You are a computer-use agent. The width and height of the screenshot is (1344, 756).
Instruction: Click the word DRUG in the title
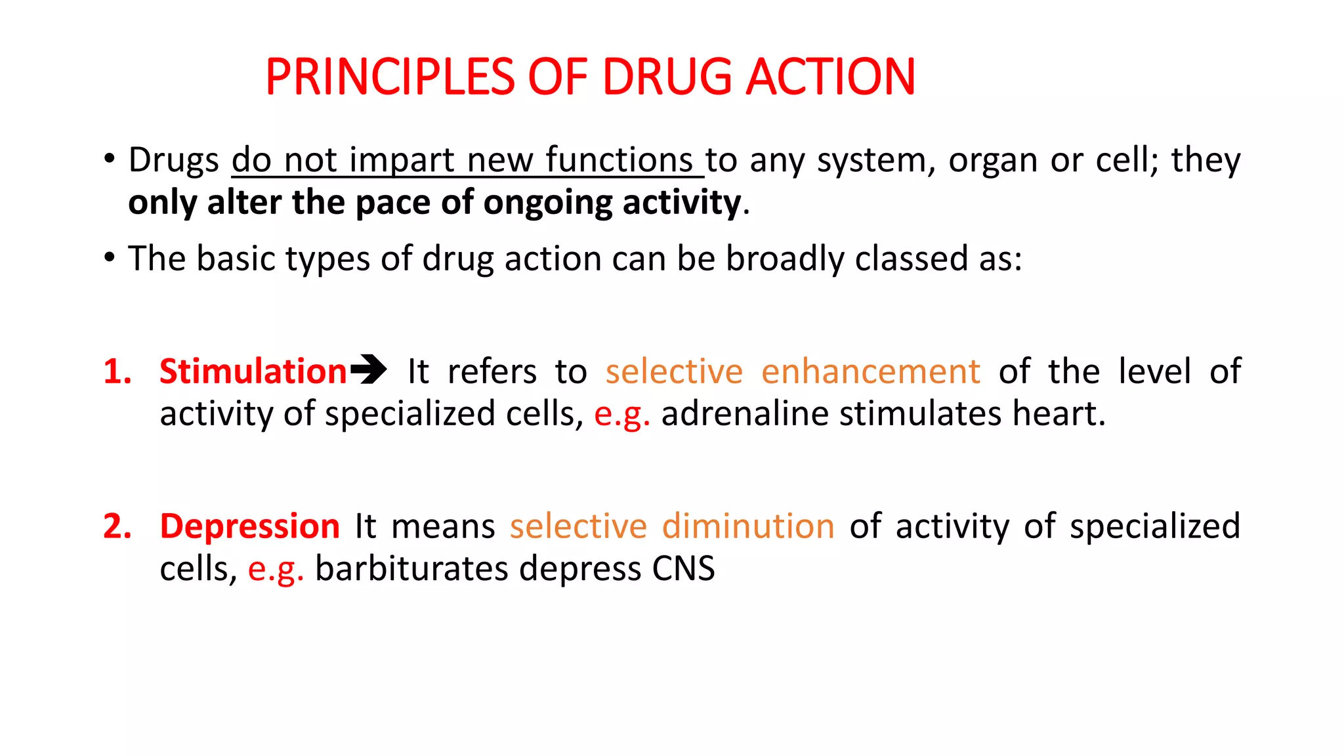[666, 77]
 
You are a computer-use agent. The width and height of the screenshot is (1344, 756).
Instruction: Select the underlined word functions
[619, 160]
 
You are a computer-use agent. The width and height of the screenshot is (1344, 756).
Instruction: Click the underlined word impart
[402, 161]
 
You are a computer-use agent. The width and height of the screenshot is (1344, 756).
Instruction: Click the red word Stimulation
[253, 371]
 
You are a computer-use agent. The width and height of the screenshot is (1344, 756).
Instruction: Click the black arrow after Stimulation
[368, 369]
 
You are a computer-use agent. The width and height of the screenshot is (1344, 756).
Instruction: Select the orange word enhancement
[870, 372]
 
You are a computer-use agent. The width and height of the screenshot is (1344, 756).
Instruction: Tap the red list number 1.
[117, 371]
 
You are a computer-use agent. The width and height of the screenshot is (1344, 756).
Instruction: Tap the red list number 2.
[117, 526]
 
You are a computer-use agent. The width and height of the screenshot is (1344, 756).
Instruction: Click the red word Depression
[249, 527]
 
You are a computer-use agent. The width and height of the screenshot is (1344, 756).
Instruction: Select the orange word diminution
[747, 526]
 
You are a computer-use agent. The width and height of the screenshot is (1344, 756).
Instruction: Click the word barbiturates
[411, 568]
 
